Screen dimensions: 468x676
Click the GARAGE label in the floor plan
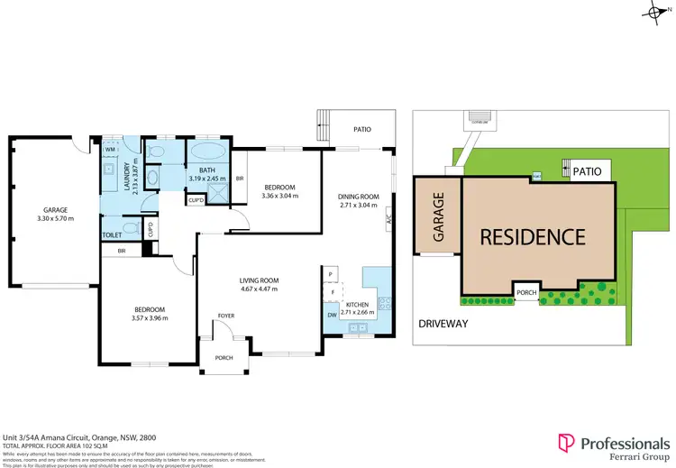(56, 210)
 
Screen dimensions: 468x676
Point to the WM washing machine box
(110, 149)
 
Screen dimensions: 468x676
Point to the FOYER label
(224, 316)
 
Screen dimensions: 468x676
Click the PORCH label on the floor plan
(224, 358)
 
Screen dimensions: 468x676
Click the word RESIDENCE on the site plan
(532, 237)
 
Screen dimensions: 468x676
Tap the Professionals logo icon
(565, 443)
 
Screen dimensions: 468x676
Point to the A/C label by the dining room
(388, 218)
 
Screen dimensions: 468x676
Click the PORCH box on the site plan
(527, 291)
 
